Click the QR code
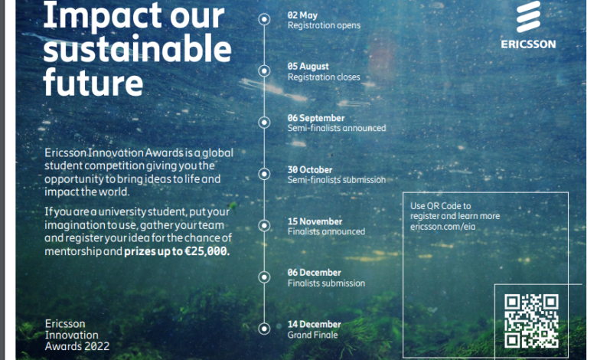click(531, 321)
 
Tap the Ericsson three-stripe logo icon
click(528, 16)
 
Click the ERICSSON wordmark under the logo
click(528, 44)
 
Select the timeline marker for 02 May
click(264, 19)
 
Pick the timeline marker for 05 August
click(264, 71)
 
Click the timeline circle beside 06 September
click(264, 123)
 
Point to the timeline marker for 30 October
click(264, 174)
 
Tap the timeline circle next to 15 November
click(264, 225)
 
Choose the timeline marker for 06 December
click(264, 277)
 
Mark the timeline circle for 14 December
click(264, 329)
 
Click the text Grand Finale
click(312, 335)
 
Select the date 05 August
click(308, 67)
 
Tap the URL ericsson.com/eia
click(443, 227)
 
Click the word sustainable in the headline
click(138, 49)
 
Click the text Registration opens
click(324, 25)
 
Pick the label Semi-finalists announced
click(337, 128)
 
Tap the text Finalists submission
click(326, 283)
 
